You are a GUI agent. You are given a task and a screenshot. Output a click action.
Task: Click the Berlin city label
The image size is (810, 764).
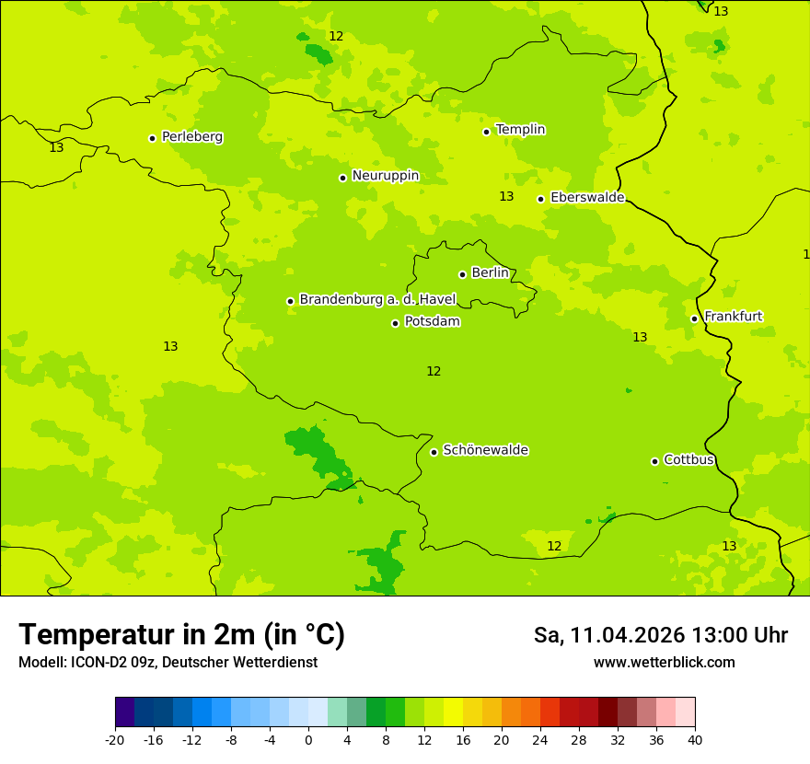[489, 273]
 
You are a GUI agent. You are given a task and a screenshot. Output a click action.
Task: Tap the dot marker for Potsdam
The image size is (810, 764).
[396, 323]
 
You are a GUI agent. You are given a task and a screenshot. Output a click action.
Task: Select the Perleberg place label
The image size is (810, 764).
[191, 137]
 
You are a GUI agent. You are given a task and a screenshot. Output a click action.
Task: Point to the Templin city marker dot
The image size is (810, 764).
[486, 132]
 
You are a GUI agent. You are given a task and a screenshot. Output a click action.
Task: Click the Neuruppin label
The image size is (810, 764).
[385, 176]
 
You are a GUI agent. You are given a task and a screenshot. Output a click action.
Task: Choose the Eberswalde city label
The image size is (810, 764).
[586, 198]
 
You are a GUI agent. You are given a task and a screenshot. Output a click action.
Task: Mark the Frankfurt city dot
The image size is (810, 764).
[694, 318]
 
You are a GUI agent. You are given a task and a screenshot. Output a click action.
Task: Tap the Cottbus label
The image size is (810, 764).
[688, 460]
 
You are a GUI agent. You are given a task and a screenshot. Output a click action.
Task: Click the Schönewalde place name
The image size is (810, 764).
[485, 450]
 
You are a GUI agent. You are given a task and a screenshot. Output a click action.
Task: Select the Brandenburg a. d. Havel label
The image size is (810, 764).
[377, 299]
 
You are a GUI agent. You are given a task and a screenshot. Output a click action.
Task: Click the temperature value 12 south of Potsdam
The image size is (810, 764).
[434, 371]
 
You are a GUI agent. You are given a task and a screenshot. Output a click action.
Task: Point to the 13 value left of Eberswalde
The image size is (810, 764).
[506, 196]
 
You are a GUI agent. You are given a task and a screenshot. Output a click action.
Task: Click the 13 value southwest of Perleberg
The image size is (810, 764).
[56, 147]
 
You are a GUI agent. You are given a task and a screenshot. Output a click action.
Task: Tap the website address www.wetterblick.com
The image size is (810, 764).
[664, 662]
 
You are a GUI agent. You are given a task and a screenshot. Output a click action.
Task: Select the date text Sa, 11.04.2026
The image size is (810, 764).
[609, 635]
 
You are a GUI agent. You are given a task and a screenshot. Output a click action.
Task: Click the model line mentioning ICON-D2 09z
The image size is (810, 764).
[168, 662]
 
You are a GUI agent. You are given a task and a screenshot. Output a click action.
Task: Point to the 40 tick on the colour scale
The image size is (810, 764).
[694, 739]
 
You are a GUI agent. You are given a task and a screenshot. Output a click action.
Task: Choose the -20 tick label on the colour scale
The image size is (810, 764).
[115, 739]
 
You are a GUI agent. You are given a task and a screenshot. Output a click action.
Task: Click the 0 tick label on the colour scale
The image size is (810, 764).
[308, 739]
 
